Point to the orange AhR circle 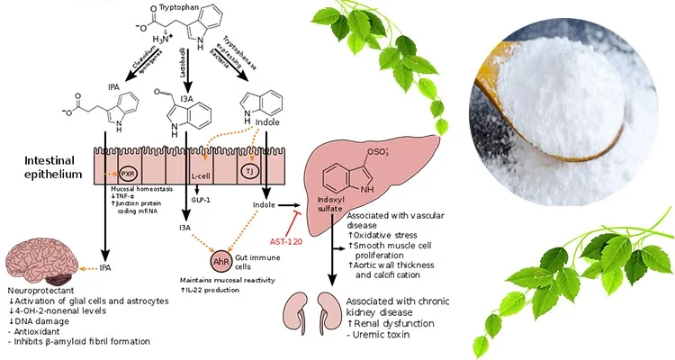tap(220, 262)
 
